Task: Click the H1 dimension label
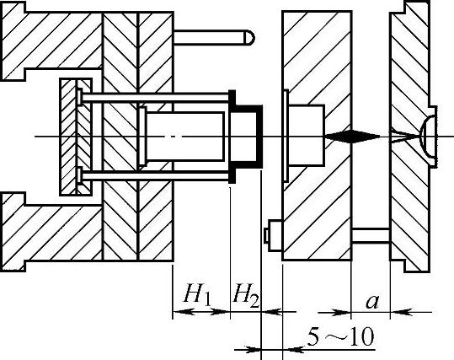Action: click(x=197, y=294)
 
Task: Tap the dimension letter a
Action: click(x=372, y=302)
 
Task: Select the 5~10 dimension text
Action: click(x=340, y=336)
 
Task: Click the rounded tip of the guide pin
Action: click(x=250, y=37)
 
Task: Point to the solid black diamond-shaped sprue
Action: click(x=352, y=137)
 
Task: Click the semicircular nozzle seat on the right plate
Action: click(x=428, y=137)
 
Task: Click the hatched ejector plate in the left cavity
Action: click(x=76, y=137)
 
